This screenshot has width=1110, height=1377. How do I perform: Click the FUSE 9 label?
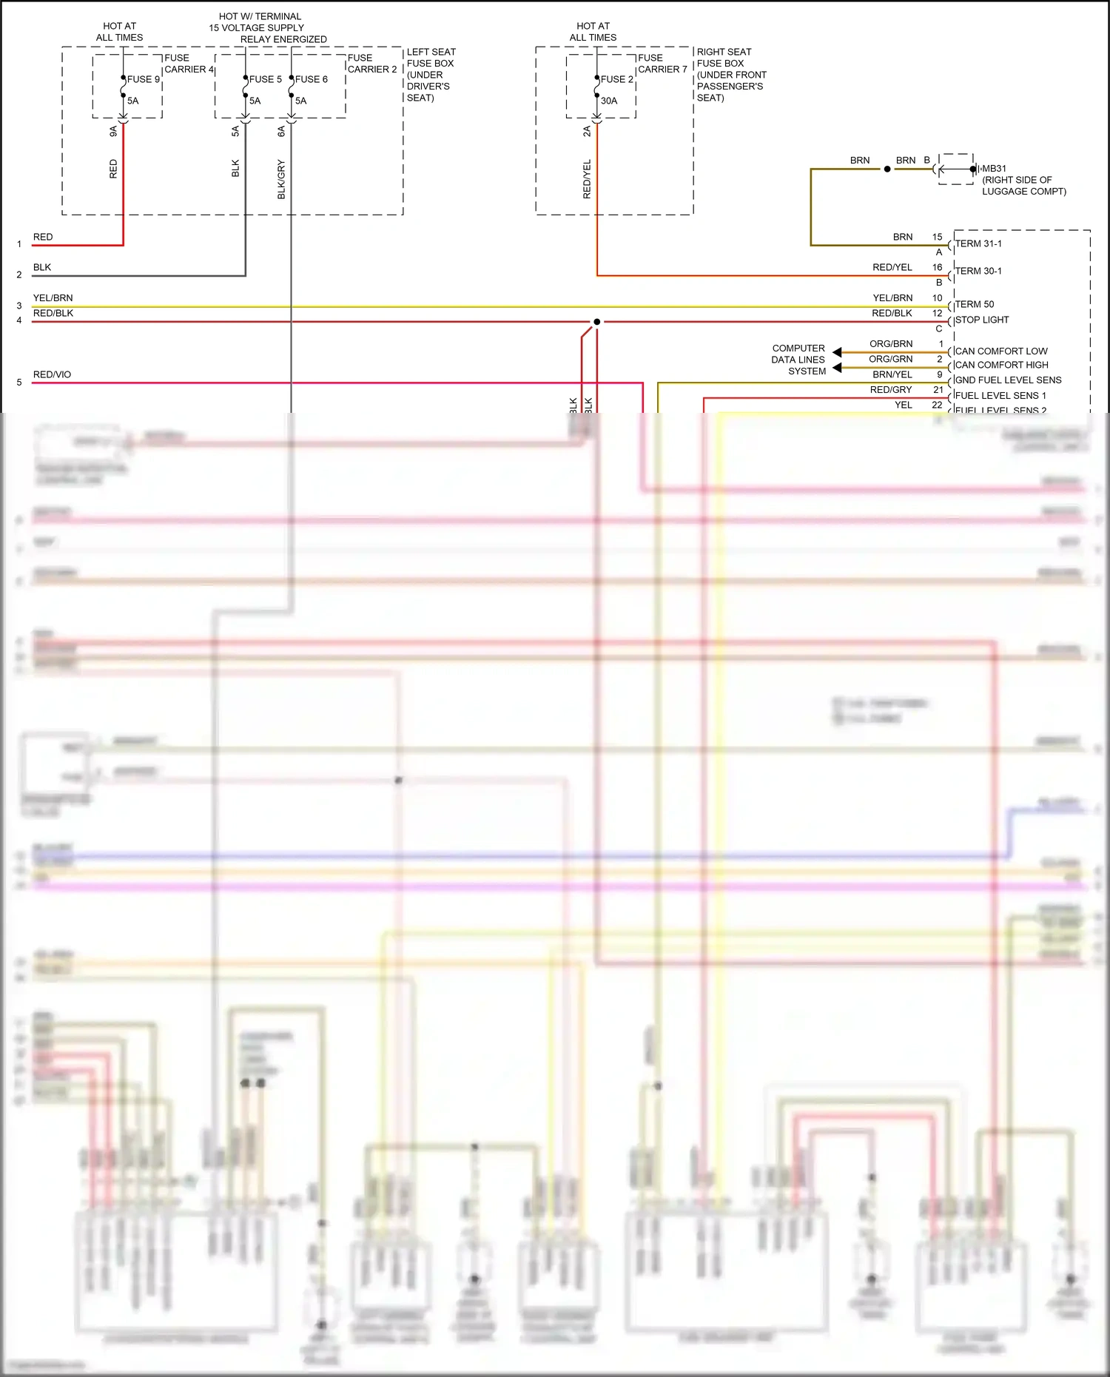pyautogui.click(x=144, y=79)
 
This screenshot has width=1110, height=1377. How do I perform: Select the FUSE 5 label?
pyautogui.click(x=265, y=79)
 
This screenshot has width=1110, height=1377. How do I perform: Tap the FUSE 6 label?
pyautogui.click(x=312, y=79)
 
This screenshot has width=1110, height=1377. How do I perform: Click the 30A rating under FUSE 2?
pyautogui.click(x=609, y=101)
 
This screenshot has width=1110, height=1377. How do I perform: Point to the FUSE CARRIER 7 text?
pyautogui.click(x=662, y=64)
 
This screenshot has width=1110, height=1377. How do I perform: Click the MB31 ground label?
pyautogui.click(x=994, y=169)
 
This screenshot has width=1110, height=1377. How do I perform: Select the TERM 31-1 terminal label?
pyautogui.click(x=978, y=243)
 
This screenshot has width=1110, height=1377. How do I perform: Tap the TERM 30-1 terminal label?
pyautogui.click(x=978, y=271)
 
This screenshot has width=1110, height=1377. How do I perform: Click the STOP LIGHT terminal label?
pyautogui.click(x=982, y=320)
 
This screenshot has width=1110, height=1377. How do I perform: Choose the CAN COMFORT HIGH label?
pyautogui.click(x=1001, y=365)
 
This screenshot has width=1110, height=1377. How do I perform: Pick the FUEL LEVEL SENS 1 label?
pyautogui.click(x=1000, y=395)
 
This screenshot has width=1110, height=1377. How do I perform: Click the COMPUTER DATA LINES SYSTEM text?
pyautogui.click(x=798, y=360)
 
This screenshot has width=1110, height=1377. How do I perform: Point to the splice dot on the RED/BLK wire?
pyautogui.click(x=597, y=322)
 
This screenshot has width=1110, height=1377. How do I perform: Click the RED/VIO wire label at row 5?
pyautogui.click(x=52, y=374)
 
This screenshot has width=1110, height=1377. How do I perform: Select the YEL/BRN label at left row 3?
pyautogui.click(x=53, y=298)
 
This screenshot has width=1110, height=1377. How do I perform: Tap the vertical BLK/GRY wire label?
pyautogui.click(x=281, y=179)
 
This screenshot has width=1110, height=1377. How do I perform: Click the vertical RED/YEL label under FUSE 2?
pyautogui.click(x=587, y=179)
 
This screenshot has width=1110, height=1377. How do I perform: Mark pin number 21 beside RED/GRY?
pyautogui.click(x=938, y=390)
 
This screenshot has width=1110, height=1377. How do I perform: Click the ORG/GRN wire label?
pyautogui.click(x=890, y=359)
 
